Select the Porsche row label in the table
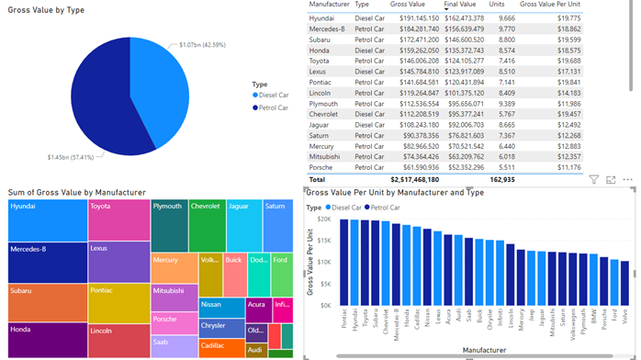pos(321,167)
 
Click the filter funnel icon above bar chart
pos(594,180)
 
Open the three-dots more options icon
pos(628,180)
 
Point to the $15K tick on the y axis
pos(324,241)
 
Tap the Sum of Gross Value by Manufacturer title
pos(77,192)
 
